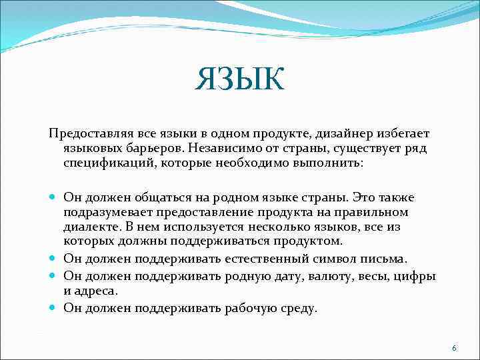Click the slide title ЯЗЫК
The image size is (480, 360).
pyautogui.click(x=240, y=79)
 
